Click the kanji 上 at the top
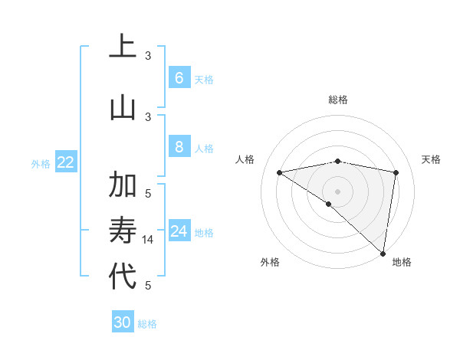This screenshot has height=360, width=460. (123, 47)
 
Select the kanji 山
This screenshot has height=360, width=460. (123, 106)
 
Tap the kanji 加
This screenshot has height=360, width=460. (123, 186)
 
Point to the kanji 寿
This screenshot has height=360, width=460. (123, 231)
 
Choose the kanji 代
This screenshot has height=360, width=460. (123, 276)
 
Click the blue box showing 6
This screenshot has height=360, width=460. (179, 77)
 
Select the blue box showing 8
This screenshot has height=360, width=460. (179, 146)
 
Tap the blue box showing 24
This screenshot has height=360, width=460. (179, 231)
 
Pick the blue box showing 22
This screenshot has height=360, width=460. (66, 162)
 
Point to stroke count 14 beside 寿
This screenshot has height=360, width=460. (149, 239)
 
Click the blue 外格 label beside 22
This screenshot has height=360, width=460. (40, 163)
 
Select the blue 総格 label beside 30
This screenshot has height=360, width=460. (148, 324)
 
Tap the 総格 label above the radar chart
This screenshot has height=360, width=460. (338, 100)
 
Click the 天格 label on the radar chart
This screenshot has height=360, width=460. (432, 159)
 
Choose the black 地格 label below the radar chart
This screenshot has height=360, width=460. (402, 263)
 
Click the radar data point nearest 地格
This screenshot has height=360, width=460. (383, 253)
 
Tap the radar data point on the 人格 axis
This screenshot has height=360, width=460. (280, 172)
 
